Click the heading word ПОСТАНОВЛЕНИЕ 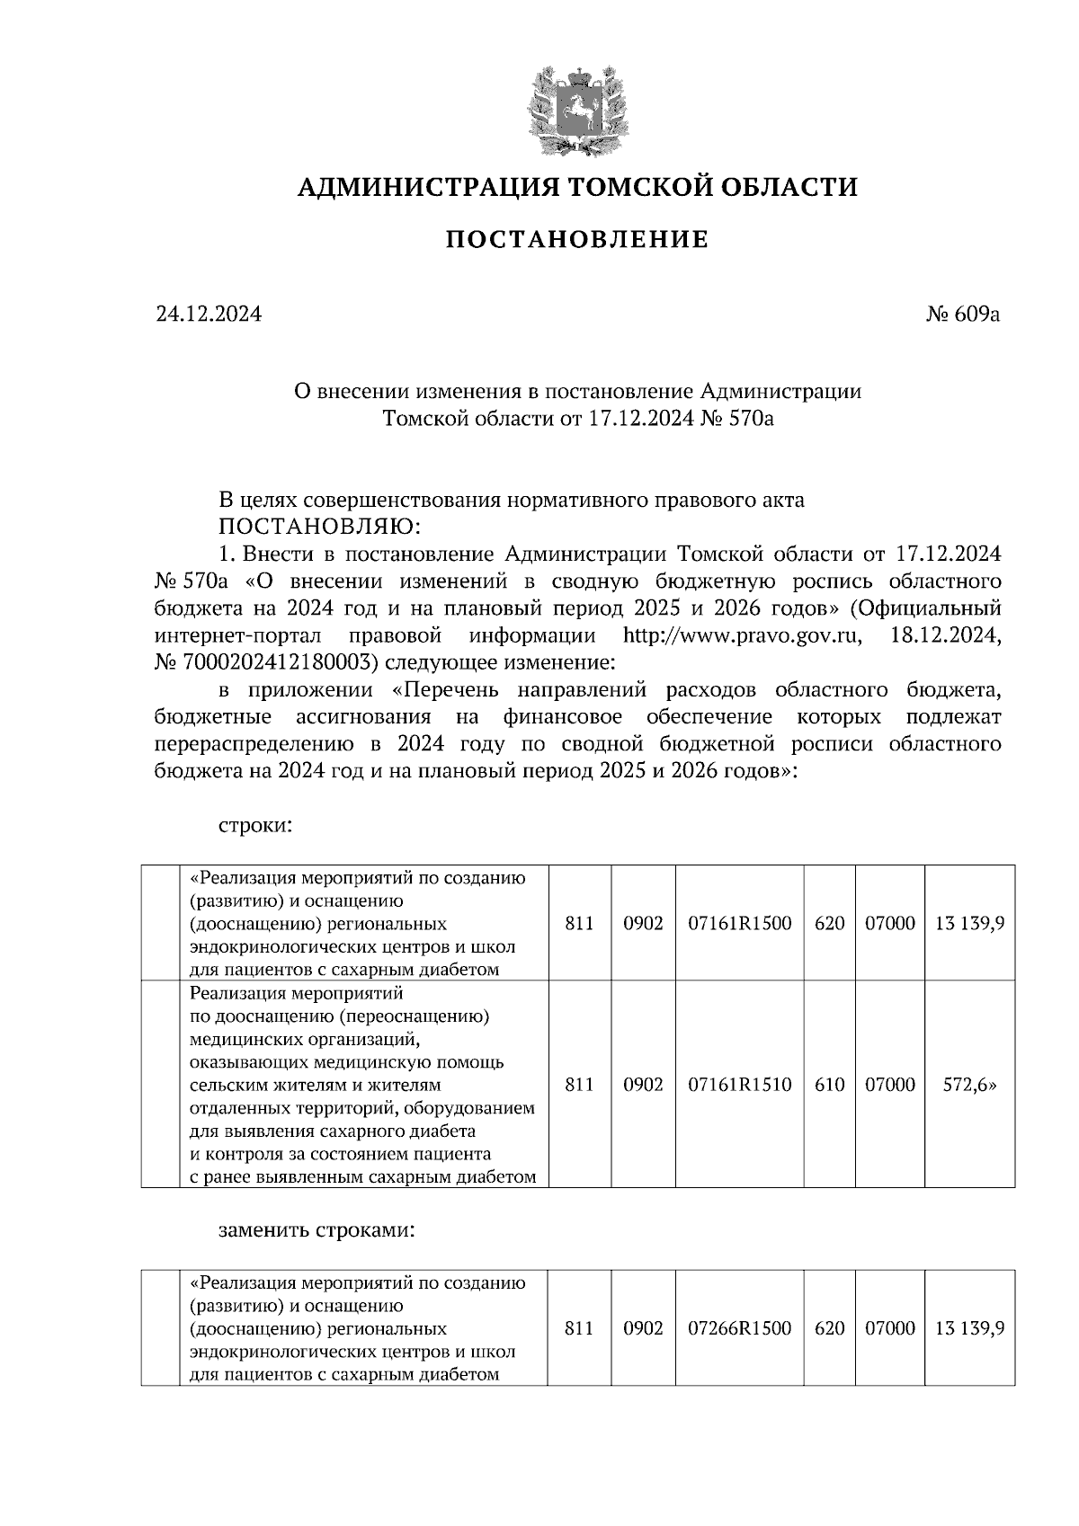(x=577, y=240)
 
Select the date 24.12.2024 (x=209, y=315)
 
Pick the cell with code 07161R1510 (x=739, y=1085)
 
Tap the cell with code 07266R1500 (x=739, y=1328)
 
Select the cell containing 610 (x=829, y=1085)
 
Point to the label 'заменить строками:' (x=317, y=1229)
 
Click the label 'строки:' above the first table (x=255, y=824)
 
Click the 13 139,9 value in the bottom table (x=969, y=1328)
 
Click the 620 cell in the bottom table (x=829, y=1328)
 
